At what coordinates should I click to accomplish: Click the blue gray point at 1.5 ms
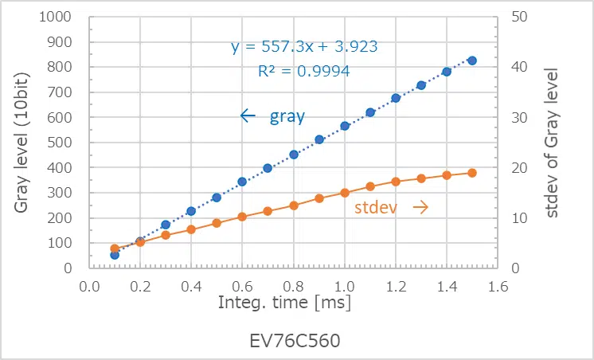(471, 61)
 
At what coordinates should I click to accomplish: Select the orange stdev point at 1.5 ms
(471, 173)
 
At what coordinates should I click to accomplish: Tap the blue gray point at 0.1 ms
(115, 255)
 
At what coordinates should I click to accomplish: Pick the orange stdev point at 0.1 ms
(115, 248)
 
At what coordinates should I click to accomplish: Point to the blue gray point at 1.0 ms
(345, 126)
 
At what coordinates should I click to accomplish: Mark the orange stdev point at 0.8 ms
(294, 205)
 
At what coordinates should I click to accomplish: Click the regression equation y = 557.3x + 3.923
(304, 47)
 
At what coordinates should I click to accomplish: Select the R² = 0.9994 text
(304, 71)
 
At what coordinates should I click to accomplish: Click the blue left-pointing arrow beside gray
(248, 116)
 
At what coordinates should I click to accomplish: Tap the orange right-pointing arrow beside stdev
(420, 207)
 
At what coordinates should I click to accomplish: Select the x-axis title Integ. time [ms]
(284, 303)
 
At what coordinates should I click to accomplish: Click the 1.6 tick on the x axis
(498, 284)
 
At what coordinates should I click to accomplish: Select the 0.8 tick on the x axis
(294, 284)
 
